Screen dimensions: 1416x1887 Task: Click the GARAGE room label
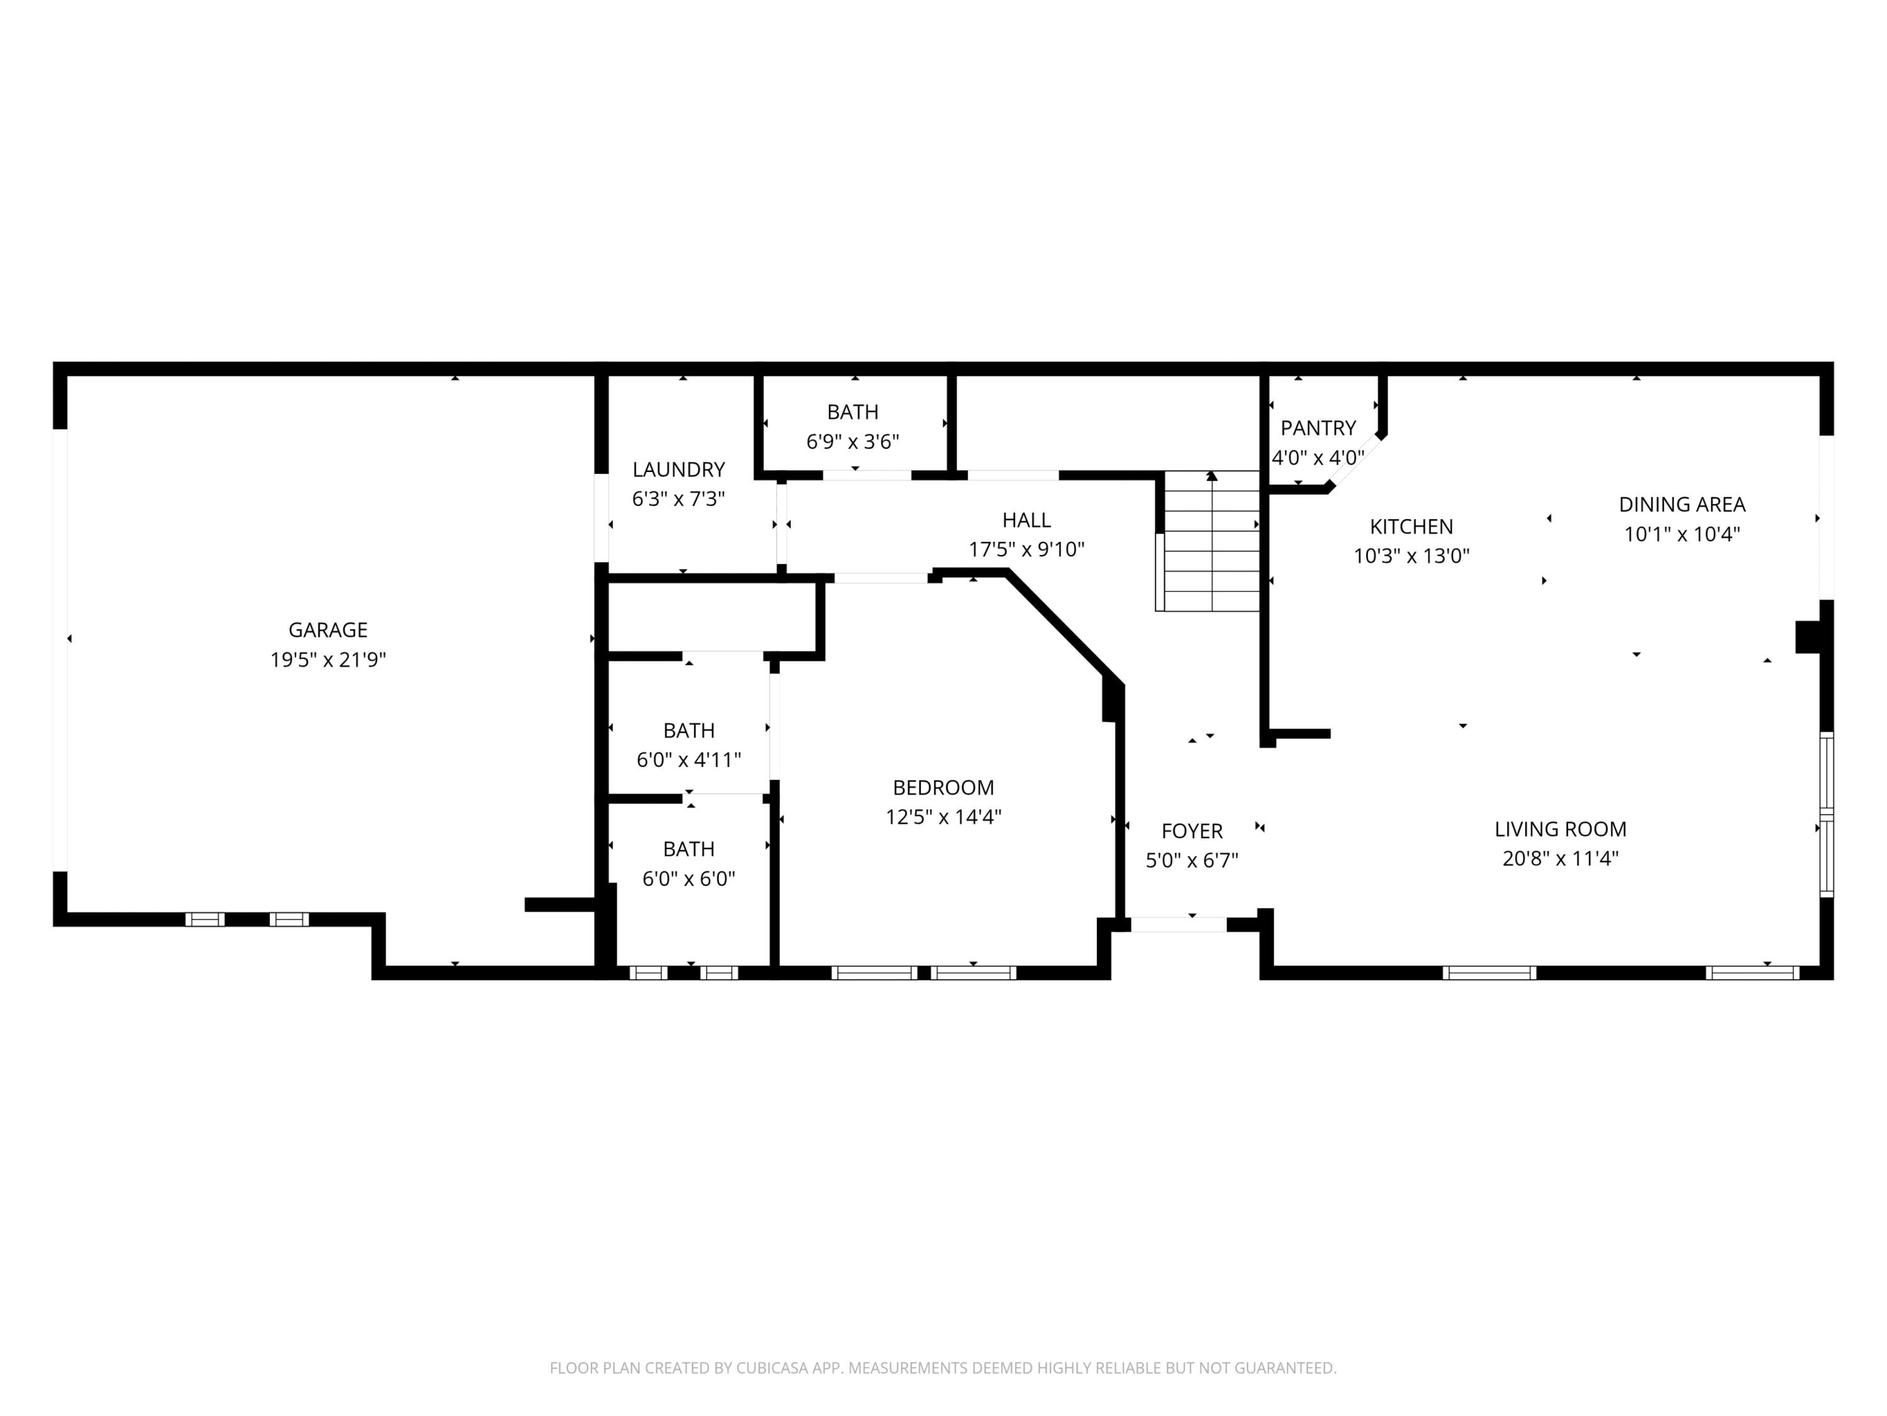[x=328, y=630]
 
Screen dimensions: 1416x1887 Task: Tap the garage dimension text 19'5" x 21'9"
[x=328, y=660]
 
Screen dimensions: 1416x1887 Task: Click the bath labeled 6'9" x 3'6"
[x=852, y=427]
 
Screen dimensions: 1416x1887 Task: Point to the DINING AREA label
[x=1681, y=505]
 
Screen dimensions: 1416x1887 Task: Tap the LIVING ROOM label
[x=1561, y=829]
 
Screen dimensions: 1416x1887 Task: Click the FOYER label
[x=1192, y=831]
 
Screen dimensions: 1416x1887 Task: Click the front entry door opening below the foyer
[x=1178, y=924]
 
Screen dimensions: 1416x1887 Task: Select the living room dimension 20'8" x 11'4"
[x=1561, y=858]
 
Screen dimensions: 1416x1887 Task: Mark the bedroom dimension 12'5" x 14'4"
[x=943, y=817]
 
